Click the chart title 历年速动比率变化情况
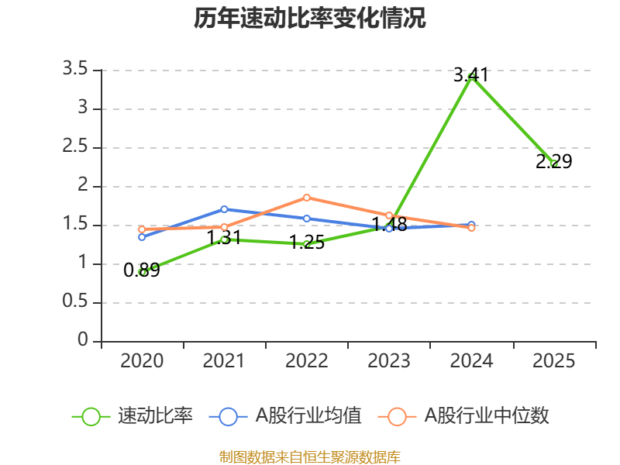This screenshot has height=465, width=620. point(310,19)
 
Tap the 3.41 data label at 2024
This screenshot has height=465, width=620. point(471,75)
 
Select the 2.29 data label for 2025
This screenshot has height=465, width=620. point(553,162)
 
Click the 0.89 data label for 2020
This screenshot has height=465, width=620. point(142,270)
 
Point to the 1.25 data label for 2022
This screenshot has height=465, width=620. point(307,243)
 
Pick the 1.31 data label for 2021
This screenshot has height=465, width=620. point(224,237)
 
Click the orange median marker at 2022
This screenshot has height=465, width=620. point(307,198)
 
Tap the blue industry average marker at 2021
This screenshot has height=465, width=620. point(224,209)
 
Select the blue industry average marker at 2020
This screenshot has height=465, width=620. point(142,236)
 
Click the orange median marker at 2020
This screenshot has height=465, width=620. point(142,229)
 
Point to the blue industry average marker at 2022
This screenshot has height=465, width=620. point(307,219)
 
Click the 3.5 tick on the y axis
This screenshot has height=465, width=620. point(75,71)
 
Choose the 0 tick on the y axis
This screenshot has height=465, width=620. point(84,341)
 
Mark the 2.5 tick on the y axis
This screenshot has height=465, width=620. point(75,148)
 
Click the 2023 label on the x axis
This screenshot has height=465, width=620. point(389,361)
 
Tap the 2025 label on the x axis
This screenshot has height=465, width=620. point(553,361)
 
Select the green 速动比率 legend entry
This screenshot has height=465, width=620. point(132,416)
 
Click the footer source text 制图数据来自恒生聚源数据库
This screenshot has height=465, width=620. point(310,456)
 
